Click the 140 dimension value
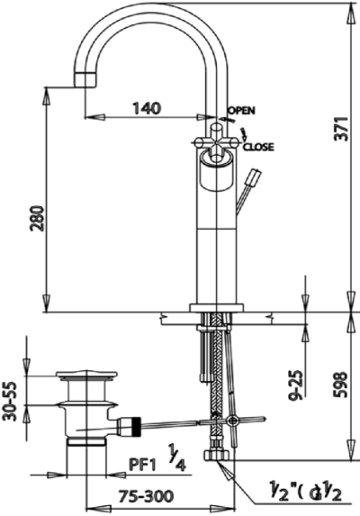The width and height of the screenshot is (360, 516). tap(147, 107)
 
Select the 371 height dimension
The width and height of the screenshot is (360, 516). tap(342, 129)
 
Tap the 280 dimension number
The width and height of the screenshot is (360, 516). tap(37, 218)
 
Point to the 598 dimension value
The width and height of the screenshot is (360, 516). tap(342, 385)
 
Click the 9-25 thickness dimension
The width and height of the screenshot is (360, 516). tap(296, 385)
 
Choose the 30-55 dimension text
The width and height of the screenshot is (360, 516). tap(10, 401)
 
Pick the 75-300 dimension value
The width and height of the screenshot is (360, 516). tap(146, 496)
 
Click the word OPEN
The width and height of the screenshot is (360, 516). tap(242, 110)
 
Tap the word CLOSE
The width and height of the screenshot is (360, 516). tap(258, 147)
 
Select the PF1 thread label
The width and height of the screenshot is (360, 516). tap(142, 466)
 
